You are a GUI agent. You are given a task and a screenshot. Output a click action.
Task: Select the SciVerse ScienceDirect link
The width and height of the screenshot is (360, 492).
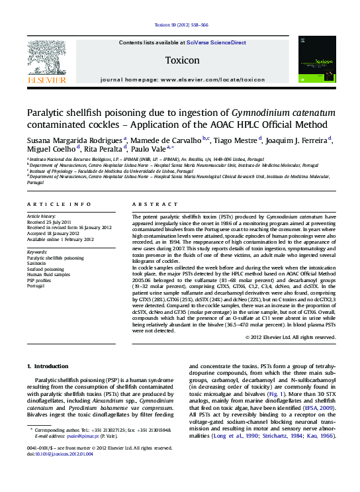click(216, 42)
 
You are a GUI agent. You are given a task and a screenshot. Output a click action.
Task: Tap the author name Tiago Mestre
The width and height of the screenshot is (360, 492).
click(236, 140)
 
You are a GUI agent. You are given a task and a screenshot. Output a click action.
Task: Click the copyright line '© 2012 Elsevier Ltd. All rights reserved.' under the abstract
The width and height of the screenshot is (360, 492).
click(290, 337)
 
